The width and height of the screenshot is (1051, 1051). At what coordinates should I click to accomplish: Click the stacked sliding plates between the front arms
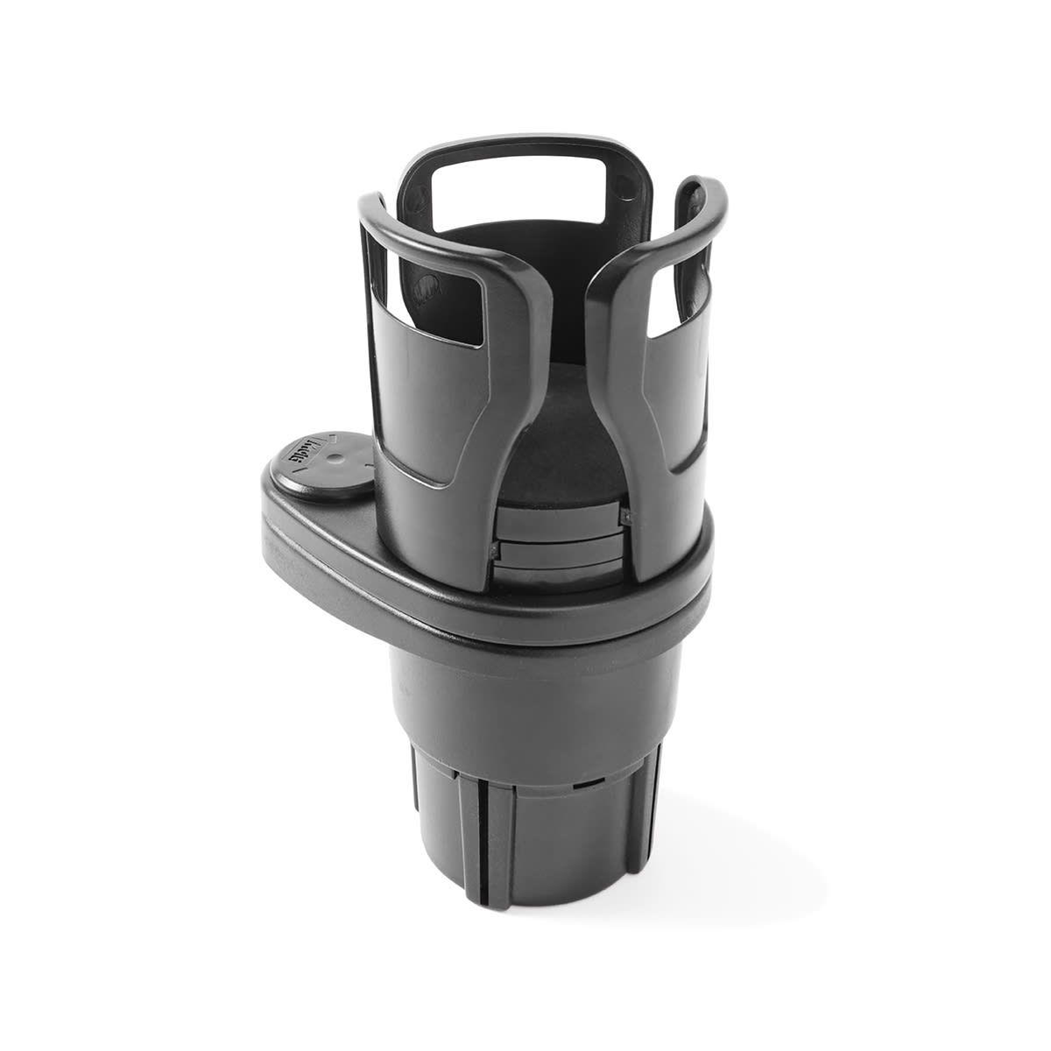pos(561,547)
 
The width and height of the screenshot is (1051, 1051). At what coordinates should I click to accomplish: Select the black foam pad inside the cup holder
pos(561,455)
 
